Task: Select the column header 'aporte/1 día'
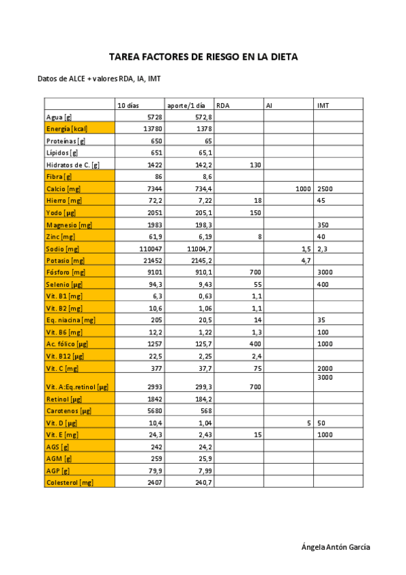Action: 186,105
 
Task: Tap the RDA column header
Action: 223,105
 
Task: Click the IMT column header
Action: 323,105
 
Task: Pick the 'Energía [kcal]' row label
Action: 66,129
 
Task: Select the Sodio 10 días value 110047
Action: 150,249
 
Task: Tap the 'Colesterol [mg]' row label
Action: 69,483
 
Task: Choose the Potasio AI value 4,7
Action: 306,260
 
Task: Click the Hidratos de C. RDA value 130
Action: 256,165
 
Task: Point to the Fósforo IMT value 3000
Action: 325,273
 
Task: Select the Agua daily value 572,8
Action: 203,117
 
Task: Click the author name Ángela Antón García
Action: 336,547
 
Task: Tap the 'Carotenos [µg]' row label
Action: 68,411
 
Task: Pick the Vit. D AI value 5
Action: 308,422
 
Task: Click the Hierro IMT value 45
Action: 321,201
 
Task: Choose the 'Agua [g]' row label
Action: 59,117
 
